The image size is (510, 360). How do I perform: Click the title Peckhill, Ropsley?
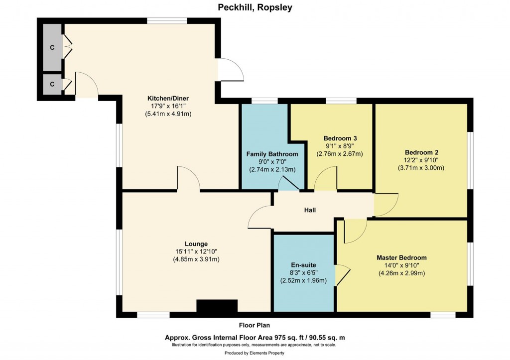[x=255, y=7]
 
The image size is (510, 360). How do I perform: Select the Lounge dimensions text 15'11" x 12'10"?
[x=196, y=251]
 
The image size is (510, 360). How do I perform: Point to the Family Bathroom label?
[x=272, y=154]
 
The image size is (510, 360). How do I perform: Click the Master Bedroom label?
[x=401, y=257]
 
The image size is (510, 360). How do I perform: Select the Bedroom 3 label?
[x=340, y=138]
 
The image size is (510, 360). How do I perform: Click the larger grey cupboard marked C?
[x=52, y=47]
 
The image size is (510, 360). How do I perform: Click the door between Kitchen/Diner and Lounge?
[x=188, y=179]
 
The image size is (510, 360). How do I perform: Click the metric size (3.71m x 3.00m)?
[x=421, y=168]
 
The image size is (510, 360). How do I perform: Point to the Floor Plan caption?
[x=255, y=326]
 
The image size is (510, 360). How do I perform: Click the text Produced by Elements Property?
[x=255, y=353]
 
